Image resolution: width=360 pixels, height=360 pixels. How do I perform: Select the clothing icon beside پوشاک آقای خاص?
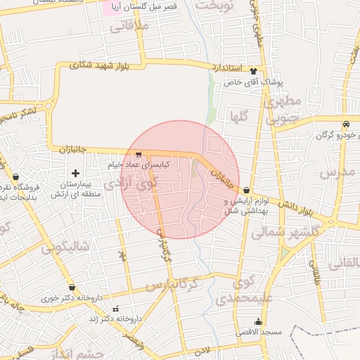pyautogui.click(x=253, y=72)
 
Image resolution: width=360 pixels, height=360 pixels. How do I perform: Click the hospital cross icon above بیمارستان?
pyautogui.click(x=75, y=173)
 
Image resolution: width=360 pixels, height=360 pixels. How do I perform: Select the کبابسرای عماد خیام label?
pyautogui.click(x=139, y=164)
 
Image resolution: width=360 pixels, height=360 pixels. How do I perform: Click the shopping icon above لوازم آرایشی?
pyautogui.click(x=246, y=191)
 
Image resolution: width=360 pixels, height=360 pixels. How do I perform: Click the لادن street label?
pyautogui.click(x=202, y=349)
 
